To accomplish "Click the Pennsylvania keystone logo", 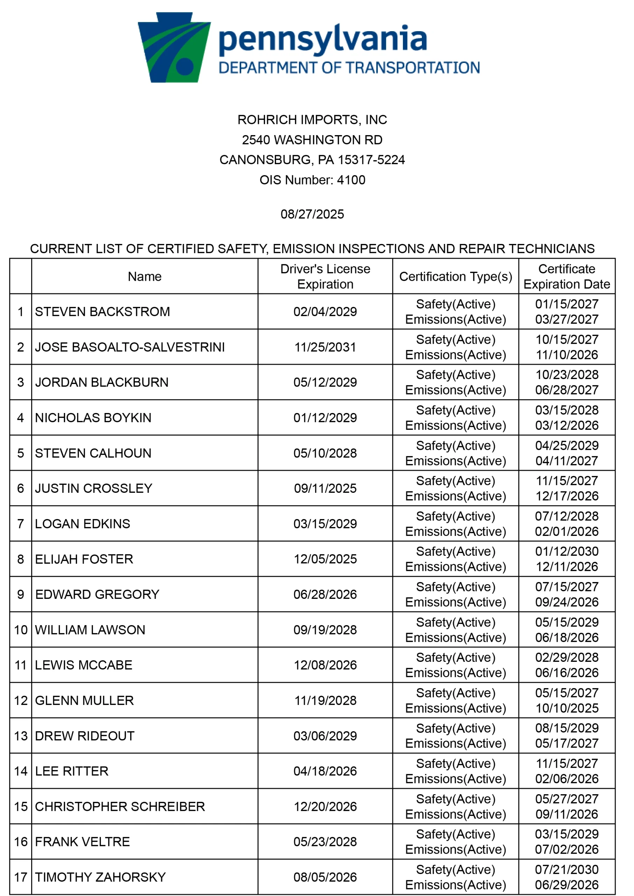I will (174, 48).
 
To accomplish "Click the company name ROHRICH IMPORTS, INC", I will (312, 120).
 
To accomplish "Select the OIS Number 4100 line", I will (312, 180).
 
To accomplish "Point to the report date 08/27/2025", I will (312, 214).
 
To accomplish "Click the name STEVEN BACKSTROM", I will (102, 312).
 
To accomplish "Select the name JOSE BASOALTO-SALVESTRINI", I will (130, 347).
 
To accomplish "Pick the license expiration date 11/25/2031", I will (325, 347).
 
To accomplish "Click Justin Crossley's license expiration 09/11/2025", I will (325, 489).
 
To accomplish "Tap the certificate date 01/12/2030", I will (567, 551).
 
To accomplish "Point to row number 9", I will (21, 595).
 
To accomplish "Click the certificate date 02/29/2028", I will (567, 658).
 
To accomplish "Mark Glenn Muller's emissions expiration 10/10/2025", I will (567, 708).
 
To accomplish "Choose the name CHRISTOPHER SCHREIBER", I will (120, 807).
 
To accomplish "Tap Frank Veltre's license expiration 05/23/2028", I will (325, 842).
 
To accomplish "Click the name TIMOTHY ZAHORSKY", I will (100, 877).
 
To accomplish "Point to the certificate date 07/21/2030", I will (567, 870).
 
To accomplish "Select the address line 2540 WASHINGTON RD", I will (312, 140).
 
